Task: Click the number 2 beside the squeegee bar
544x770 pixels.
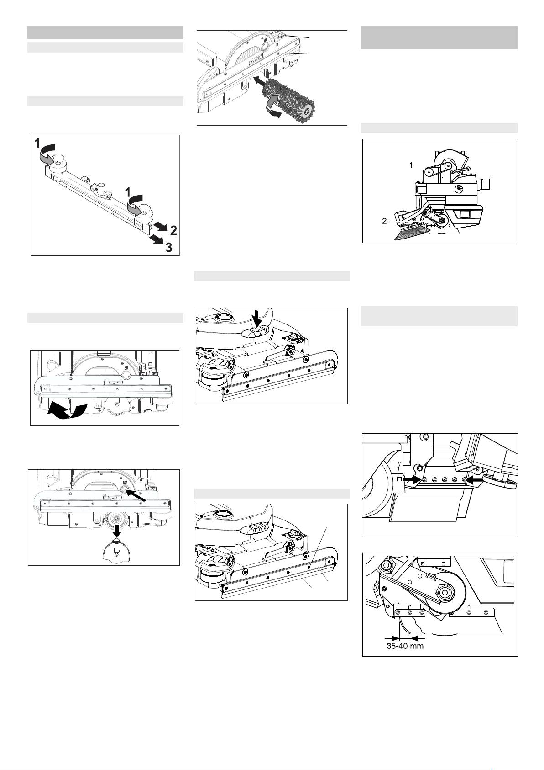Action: click(174, 230)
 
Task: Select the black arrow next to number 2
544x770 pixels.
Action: click(160, 226)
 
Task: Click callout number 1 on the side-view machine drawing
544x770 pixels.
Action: click(411, 165)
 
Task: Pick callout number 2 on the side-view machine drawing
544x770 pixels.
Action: click(384, 221)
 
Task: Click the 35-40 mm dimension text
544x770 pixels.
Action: click(405, 646)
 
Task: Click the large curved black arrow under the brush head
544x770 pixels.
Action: click(67, 411)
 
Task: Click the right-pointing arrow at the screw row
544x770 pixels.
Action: click(412, 479)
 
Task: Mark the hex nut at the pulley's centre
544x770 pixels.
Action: click(445, 592)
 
